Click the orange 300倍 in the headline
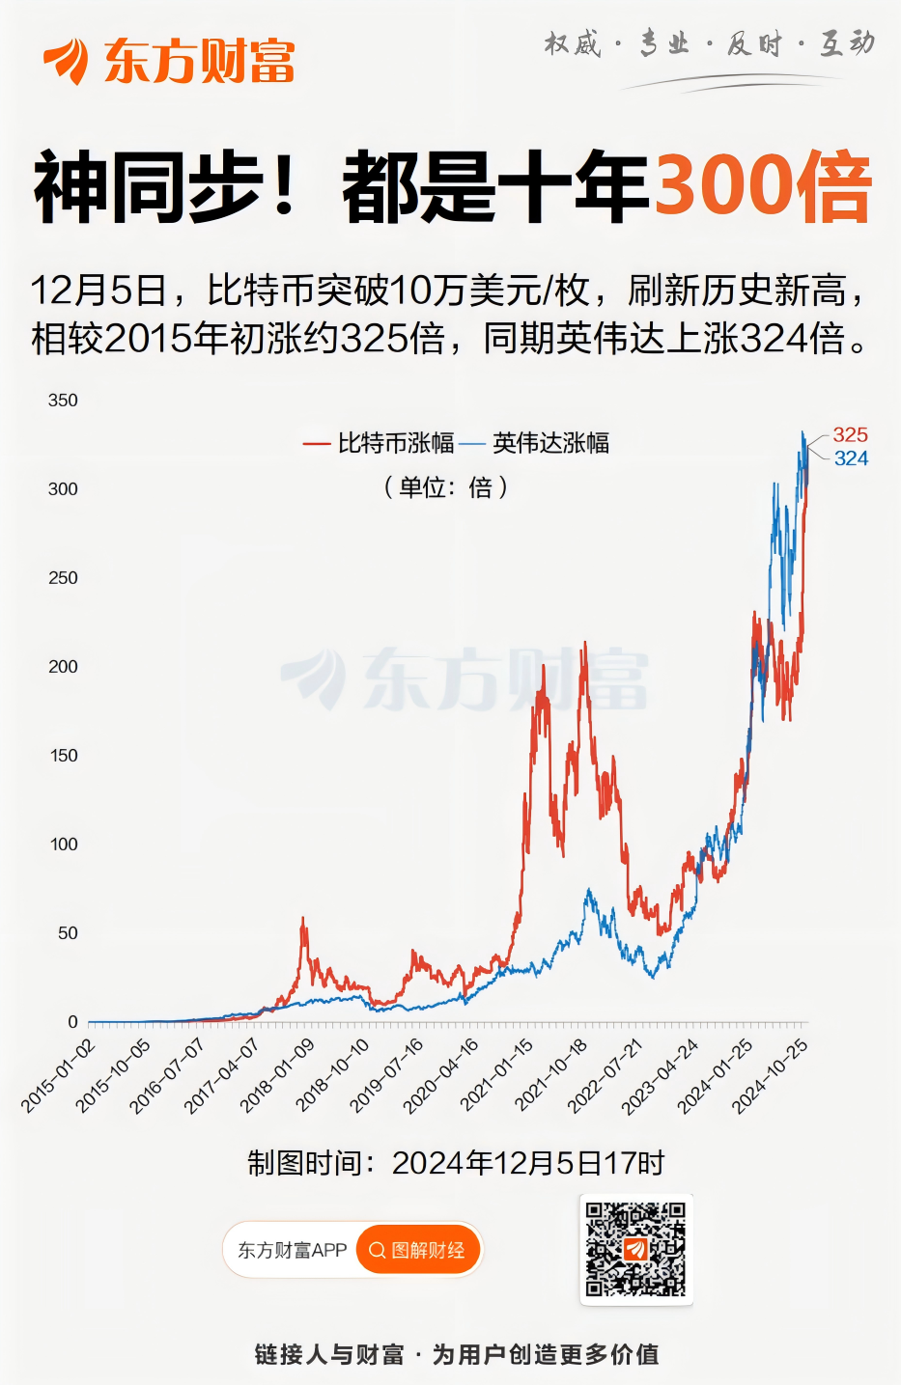click(763, 186)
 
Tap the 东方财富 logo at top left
click(169, 61)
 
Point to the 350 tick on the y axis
click(63, 401)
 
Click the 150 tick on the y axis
click(64, 756)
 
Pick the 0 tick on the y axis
click(72, 1022)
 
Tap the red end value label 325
click(851, 435)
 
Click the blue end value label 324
click(851, 458)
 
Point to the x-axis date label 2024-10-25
click(771, 1075)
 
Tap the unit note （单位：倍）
click(446, 487)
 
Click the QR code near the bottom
click(636, 1249)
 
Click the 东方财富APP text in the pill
click(293, 1251)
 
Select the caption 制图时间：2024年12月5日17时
click(456, 1163)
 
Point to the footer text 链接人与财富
click(329, 1355)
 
